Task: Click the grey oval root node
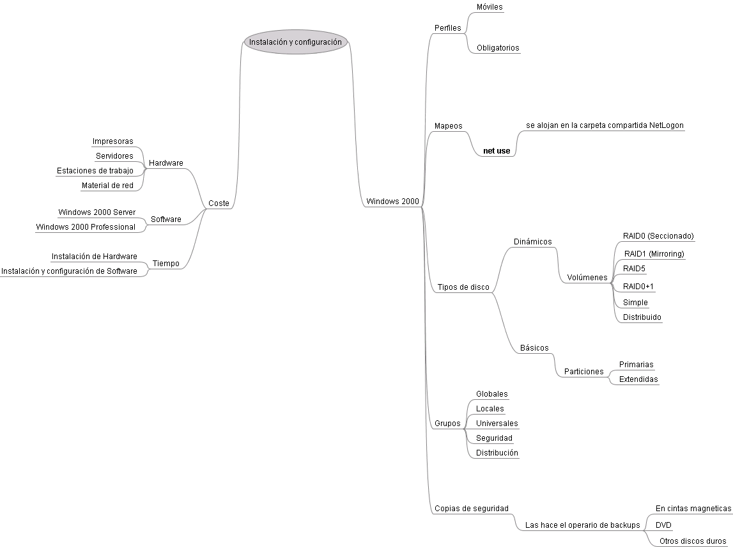(296, 42)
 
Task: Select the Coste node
(219, 203)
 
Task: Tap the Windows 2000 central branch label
(392, 202)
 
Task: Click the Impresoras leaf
(112, 141)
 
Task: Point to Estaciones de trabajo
(95, 171)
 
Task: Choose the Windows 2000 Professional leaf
(86, 226)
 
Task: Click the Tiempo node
(166, 264)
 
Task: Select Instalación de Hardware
(94, 256)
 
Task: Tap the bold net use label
(497, 151)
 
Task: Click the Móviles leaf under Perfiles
(490, 7)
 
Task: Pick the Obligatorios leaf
(498, 48)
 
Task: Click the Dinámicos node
(532, 242)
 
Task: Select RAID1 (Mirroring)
(654, 254)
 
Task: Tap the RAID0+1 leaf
(638, 287)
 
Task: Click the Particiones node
(583, 371)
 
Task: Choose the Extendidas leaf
(638, 379)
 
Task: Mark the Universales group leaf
(497, 424)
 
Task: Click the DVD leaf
(663, 525)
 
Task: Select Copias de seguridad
(471, 509)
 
